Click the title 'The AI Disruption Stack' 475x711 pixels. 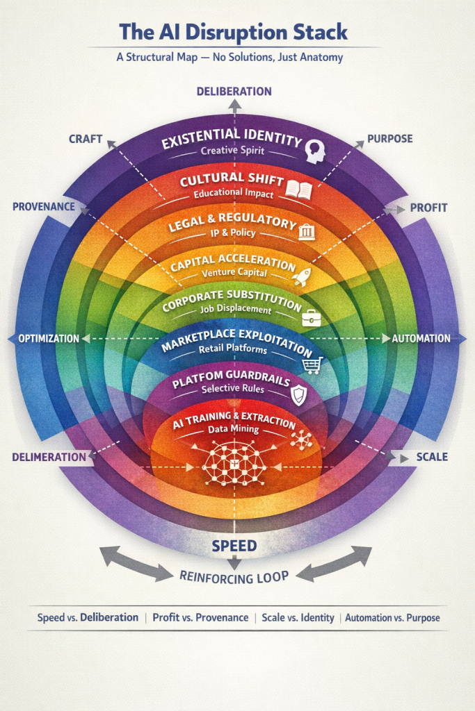[234, 32]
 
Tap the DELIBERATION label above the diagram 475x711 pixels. [234, 91]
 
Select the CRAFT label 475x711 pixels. [86, 139]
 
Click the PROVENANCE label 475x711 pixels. [43, 207]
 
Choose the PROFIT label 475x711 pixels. [428, 207]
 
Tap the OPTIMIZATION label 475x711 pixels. [48, 338]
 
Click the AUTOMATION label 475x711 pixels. [421, 338]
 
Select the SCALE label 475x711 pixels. [431, 457]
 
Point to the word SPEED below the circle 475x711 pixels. [234, 545]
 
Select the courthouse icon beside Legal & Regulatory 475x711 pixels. [306, 232]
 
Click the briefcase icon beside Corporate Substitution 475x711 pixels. [310, 319]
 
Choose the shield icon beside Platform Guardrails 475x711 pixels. [297, 395]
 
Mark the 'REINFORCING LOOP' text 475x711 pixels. [234, 575]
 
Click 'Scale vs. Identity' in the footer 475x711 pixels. [297, 617]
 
